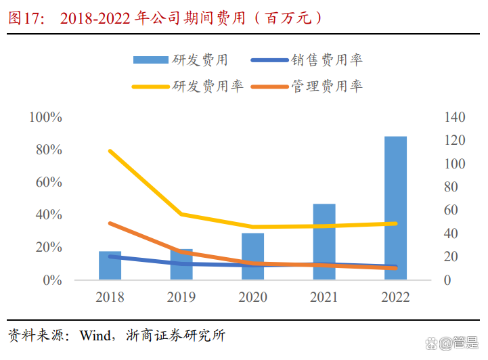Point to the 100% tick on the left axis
coord(46,118)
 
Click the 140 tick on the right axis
coord(455,118)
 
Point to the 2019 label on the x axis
coord(181,298)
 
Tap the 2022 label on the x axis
coord(395,298)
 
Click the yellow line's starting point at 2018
coord(110,151)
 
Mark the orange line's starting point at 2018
coord(110,223)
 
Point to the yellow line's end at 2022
coord(395,223)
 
